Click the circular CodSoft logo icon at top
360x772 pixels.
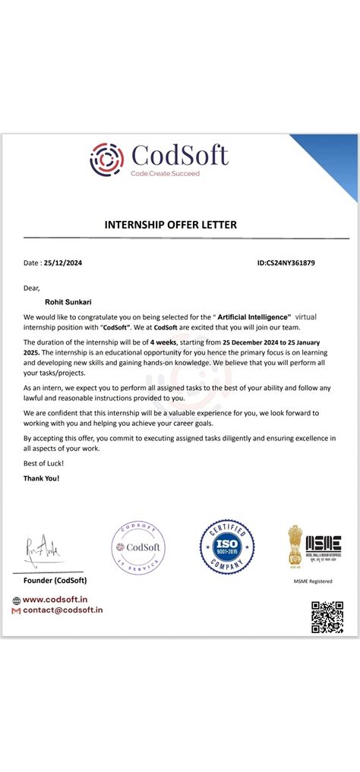[107, 159]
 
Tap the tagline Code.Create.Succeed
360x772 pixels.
[165, 174]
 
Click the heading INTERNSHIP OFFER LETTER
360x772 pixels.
[170, 225]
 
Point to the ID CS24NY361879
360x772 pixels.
[286, 263]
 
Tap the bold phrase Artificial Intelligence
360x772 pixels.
[254, 315]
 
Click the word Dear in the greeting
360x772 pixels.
[31, 288]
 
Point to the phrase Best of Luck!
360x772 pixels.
[44, 462]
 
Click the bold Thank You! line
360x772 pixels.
[41, 478]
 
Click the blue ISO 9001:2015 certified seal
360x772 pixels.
[226, 547]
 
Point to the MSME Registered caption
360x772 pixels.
[313, 581]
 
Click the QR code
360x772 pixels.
[327, 616]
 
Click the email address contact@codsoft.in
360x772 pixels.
[62, 610]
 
